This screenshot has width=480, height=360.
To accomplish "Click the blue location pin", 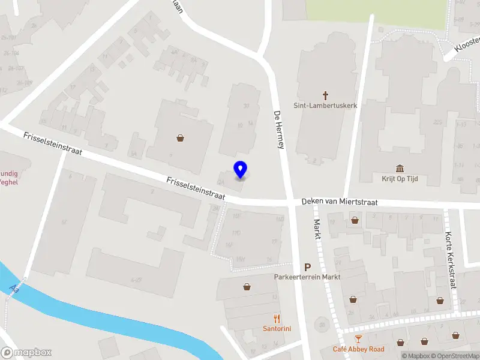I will point(240,169).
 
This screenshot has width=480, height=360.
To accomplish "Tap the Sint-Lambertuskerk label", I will point(325,106).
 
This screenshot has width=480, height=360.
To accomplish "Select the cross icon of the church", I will point(326,95).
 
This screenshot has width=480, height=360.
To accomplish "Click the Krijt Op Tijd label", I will point(400,179).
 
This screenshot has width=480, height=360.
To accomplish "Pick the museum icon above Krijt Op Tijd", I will point(400,168).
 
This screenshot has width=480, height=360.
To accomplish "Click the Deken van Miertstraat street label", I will point(340,202).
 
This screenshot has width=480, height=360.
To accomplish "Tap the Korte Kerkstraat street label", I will point(451,260).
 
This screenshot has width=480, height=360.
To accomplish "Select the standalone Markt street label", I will point(317,229).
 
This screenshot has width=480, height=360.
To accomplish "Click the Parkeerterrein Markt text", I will point(307,277).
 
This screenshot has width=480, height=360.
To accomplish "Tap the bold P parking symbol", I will point(308,267).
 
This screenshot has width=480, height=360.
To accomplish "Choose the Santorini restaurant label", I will point(277,328).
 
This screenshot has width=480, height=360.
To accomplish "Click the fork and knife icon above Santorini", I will point(277,319).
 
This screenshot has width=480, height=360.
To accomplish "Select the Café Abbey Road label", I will point(359,349).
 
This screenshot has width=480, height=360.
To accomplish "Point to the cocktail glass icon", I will point(358,340).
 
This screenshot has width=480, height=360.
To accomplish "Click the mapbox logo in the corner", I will point(26,352).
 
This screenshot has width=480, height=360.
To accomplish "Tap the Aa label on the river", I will point(14,289).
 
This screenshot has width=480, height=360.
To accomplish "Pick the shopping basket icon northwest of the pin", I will point(180,138).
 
